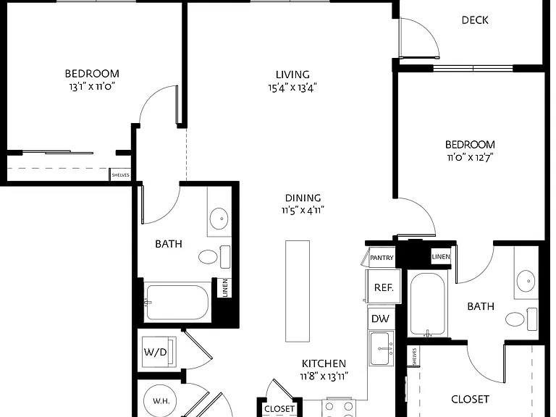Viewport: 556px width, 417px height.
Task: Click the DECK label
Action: click(x=475, y=20)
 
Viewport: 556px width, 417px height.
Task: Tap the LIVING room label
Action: click(x=292, y=75)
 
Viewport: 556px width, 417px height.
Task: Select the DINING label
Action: click(x=303, y=198)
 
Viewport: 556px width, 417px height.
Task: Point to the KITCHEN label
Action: click(x=324, y=363)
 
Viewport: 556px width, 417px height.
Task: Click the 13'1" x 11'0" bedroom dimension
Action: click(x=92, y=87)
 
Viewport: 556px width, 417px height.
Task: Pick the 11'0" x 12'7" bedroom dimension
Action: click(x=470, y=157)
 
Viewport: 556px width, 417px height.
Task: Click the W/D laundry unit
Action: click(x=159, y=352)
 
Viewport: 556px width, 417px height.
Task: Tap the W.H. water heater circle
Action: click(x=161, y=401)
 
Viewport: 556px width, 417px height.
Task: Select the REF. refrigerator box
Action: click(x=384, y=287)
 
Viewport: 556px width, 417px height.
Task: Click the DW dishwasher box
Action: click(x=380, y=319)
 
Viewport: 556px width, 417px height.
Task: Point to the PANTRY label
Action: click(x=382, y=258)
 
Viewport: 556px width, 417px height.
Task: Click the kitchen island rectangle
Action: click(x=298, y=291)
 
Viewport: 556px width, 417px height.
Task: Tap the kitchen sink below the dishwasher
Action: click(x=382, y=348)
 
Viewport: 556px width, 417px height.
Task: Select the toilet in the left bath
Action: click(x=214, y=257)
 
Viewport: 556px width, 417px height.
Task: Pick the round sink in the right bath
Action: click(x=526, y=281)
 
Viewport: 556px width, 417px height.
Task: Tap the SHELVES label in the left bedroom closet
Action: click(x=121, y=175)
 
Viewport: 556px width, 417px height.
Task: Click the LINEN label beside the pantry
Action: click(x=441, y=256)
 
